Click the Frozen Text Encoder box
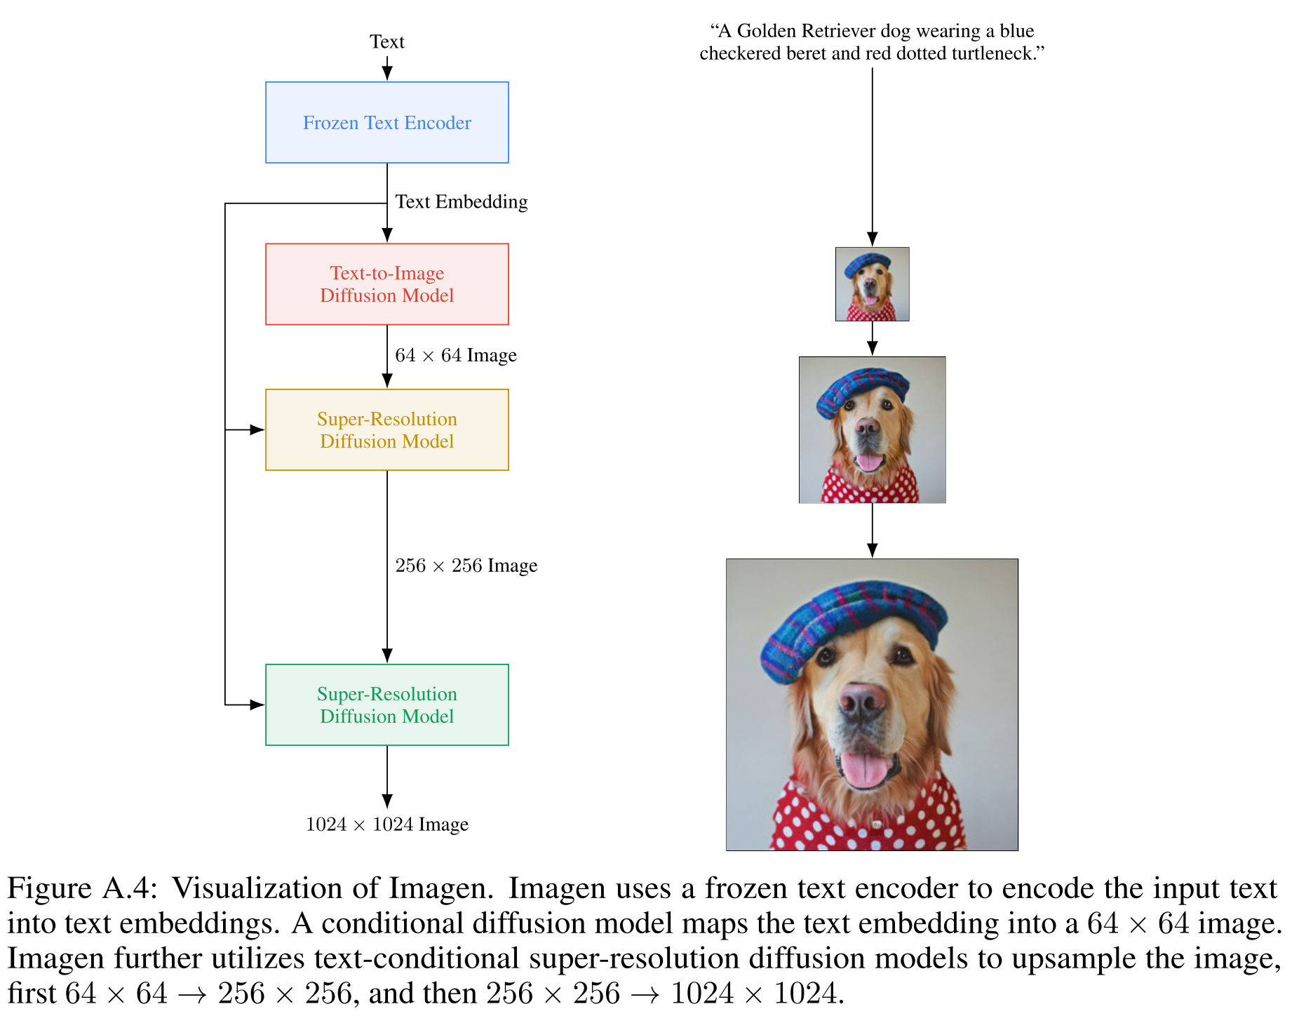(x=386, y=123)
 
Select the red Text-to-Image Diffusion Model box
(x=386, y=284)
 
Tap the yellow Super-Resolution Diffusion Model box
(x=386, y=429)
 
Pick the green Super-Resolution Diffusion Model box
(x=386, y=704)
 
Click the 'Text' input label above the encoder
(x=386, y=42)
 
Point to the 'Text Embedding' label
(x=461, y=202)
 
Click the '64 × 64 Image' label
(x=455, y=355)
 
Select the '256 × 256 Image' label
(x=466, y=566)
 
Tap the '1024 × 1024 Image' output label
(x=386, y=824)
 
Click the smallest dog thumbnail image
(x=872, y=284)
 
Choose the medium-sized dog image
(x=872, y=429)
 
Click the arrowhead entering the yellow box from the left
(x=257, y=429)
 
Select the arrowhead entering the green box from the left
(x=257, y=704)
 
